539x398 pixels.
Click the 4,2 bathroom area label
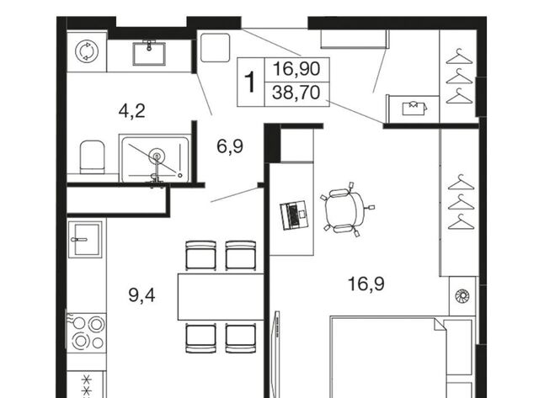131,111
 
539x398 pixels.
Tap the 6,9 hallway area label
230,146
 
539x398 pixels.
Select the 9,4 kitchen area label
141,295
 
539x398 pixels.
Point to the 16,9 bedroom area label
366,284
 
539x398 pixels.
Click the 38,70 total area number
296,93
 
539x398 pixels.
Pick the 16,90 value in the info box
296,69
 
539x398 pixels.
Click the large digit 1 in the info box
250,82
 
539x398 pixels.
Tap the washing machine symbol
87,51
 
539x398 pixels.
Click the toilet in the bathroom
92,157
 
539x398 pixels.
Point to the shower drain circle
157,156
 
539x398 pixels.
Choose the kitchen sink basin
85,239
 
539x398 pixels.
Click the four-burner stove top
86,332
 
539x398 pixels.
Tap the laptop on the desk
295,215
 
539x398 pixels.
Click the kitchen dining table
221,297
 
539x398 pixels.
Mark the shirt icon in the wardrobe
415,108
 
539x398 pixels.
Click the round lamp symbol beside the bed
462,296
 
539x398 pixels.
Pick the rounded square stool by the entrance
216,47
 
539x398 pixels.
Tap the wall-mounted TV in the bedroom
276,353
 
